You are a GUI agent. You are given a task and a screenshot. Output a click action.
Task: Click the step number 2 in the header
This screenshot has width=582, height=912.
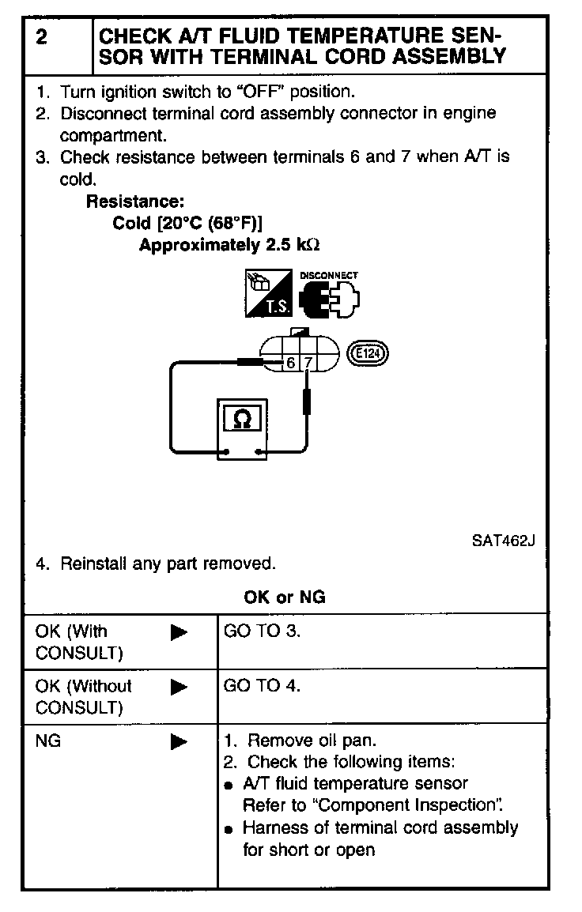click(x=40, y=36)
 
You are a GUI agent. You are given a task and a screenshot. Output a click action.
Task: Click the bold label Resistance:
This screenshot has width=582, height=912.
click(x=134, y=201)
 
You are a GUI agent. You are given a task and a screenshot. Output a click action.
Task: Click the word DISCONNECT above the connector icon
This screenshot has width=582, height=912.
click(x=329, y=276)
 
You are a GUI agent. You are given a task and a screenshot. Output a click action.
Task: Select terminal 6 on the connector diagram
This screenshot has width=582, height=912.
click(x=291, y=363)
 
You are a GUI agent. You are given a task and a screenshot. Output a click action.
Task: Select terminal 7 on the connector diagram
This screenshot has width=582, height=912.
click(x=308, y=363)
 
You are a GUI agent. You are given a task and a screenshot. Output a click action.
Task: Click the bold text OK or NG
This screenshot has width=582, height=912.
click(x=285, y=597)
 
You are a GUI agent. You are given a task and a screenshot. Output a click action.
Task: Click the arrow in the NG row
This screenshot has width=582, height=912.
click(x=180, y=741)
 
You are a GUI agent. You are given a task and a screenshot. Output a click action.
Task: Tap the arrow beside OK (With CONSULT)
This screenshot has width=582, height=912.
click(x=180, y=632)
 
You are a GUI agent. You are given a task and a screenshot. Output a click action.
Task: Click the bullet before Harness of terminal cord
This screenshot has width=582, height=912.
click(x=229, y=830)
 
